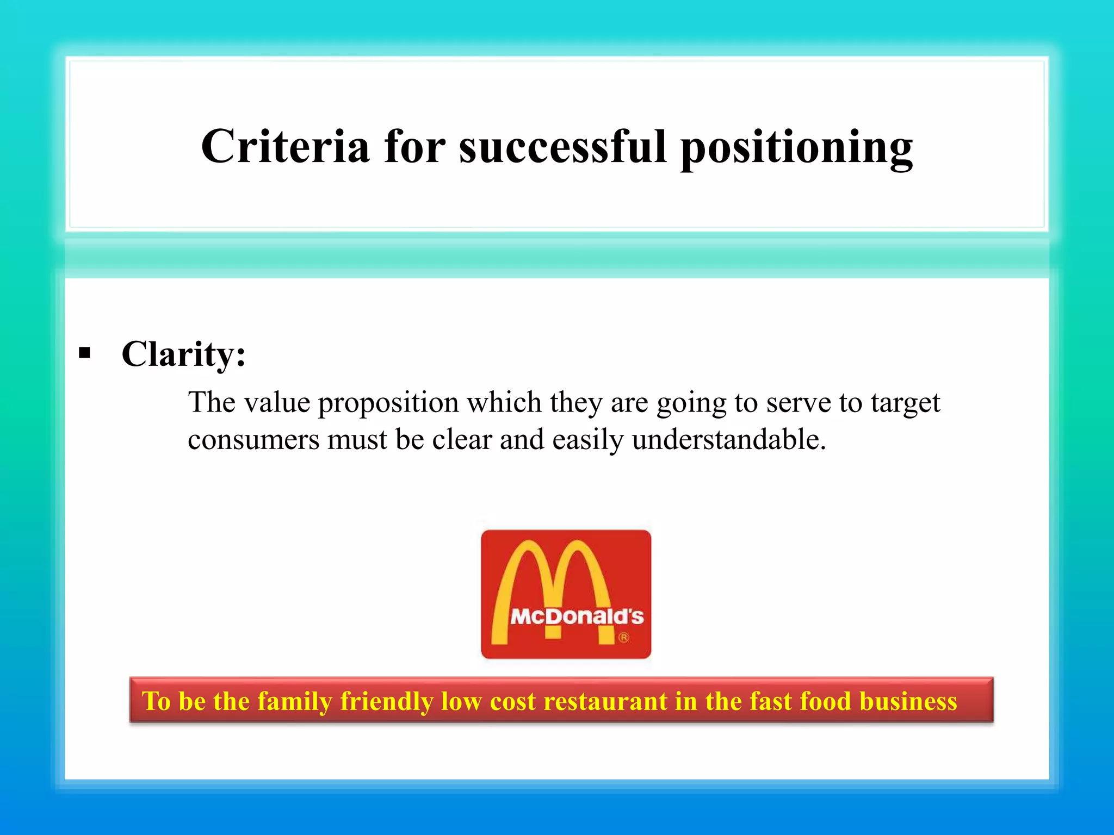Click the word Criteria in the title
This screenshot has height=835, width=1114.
click(285, 147)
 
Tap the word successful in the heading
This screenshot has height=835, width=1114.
click(562, 147)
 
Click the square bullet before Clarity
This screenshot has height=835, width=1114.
click(84, 353)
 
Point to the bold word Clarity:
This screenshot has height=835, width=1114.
click(183, 354)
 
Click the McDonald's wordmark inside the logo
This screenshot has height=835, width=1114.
click(577, 616)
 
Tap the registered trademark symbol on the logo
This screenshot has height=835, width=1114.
click(624, 637)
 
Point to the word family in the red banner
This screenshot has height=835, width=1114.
click(294, 701)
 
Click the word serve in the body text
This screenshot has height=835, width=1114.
click(798, 403)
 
